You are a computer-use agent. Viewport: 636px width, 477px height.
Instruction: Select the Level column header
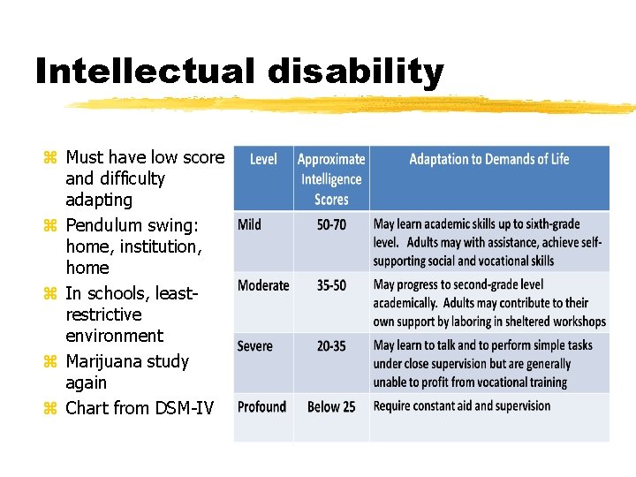point(263,160)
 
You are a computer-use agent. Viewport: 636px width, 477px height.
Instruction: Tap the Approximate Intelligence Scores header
point(331,179)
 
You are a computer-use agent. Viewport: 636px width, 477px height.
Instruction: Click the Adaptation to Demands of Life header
point(488,160)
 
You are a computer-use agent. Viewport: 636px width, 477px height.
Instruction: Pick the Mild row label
point(250,224)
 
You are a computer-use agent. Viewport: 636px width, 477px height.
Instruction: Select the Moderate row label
point(263,285)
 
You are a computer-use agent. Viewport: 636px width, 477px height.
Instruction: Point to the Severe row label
point(255,345)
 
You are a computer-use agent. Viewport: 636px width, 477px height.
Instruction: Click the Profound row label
point(261,406)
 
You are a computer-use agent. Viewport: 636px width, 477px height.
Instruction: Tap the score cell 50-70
point(331,224)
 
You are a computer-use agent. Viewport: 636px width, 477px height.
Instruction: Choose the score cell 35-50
point(331,285)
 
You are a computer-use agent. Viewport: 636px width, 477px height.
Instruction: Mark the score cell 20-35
point(331,345)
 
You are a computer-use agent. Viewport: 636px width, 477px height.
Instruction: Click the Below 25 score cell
point(331,406)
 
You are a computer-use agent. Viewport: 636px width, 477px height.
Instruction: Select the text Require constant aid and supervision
point(461,406)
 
